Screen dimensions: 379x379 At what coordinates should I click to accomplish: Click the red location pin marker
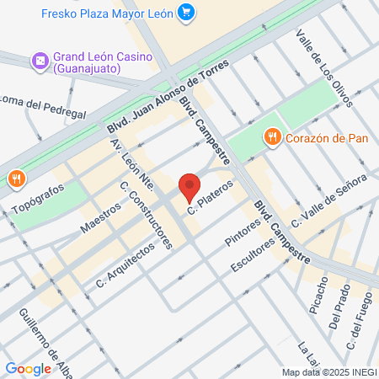coord(189,187)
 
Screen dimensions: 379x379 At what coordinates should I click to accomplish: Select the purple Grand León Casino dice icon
coord(39,61)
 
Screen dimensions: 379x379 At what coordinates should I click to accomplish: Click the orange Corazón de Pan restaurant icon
coord(271,136)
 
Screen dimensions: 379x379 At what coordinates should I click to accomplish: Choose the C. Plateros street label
coord(210,195)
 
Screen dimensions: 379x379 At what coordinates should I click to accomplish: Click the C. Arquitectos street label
coord(125,264)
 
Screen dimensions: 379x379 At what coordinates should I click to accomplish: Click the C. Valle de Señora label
coord(329,200)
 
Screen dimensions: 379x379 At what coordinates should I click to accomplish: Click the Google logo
coord(29,368)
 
